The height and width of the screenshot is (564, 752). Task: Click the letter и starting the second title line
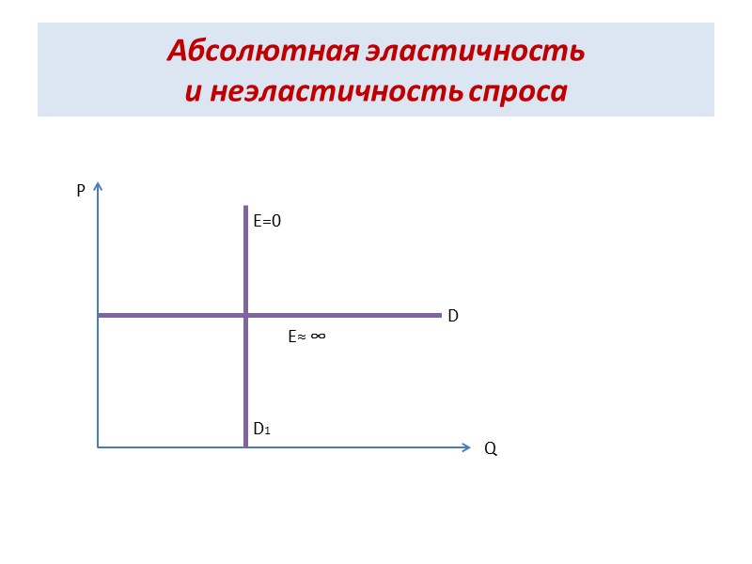tap(192, 92)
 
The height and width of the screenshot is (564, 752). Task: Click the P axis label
tap(81, 191)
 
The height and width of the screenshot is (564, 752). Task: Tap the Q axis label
tap(491, 450)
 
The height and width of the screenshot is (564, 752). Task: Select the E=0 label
tap(267, 221)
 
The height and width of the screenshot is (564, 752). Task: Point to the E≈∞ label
tap(306, 336)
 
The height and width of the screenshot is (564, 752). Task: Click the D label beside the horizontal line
tap(452, 317)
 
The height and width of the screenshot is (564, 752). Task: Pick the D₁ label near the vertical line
tap(261, 430)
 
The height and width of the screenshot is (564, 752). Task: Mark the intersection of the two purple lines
tap(245, 315)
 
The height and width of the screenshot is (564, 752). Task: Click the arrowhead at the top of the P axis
tap(98, 185)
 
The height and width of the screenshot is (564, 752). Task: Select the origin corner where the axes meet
tap(98, 447)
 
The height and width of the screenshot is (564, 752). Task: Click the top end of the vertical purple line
tap(245, 207)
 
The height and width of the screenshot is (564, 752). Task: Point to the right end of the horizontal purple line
tap(440, 315)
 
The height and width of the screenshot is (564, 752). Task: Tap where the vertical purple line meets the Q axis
tap(245, 446)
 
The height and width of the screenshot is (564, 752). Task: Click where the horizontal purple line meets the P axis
tap(99, 315)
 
